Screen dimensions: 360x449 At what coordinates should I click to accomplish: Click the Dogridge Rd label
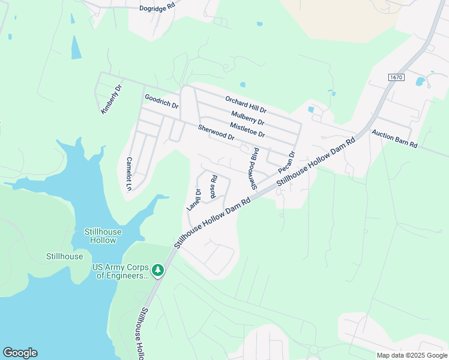click(x=157, y=7)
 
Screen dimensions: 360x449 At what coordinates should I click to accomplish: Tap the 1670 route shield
click(x=396, y=77)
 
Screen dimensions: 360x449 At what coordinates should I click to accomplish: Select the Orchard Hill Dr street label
click(x=246, y=105)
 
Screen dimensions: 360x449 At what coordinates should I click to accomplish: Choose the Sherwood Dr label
click(x=216, y=133)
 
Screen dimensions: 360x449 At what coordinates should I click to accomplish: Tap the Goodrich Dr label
click(x=161, y=101)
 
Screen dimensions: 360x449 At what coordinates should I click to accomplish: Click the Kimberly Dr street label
click(x=111, y=99)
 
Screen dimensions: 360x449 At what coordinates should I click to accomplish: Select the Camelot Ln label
click(x=128, y=173)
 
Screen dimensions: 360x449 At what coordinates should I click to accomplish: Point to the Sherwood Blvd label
click(x=254, y=169)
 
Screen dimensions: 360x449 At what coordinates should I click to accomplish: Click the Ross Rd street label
click(x=213, y=187)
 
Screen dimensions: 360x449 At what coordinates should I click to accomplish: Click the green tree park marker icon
click(x=158, y=271)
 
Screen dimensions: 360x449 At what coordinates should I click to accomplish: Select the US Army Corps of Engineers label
click(x=119, y=272)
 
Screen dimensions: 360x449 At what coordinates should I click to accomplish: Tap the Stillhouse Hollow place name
click(x=102, y=236)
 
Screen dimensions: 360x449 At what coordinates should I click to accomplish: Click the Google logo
click(x=20, y=353)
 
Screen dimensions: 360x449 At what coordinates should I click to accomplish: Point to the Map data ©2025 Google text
click(x=411, y=355)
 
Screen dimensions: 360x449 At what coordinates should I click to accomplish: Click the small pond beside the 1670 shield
click(x=420, y=81)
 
